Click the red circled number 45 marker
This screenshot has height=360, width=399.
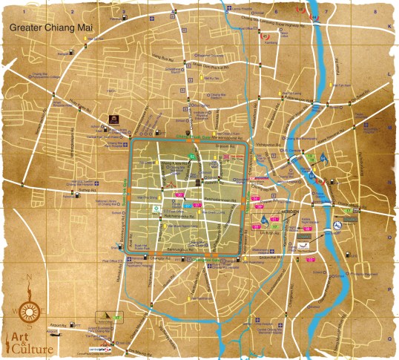tap(315, 16)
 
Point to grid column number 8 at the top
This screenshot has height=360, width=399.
tap(377, 13)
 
